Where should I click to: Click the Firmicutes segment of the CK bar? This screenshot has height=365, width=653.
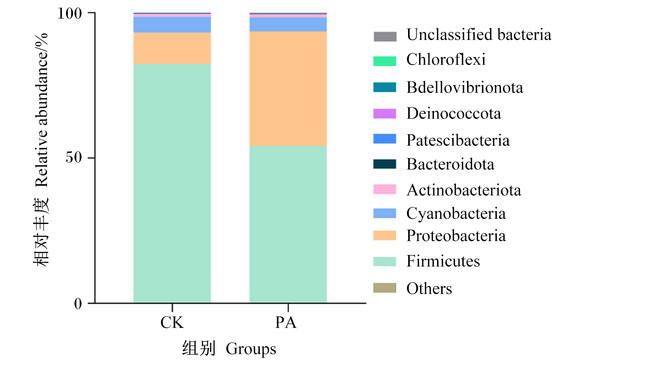click(x=172, y=183)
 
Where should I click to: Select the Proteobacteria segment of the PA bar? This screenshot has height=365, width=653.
click(x=288, y=88)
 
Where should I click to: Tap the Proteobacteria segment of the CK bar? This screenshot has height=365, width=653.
click(x=172, y=48)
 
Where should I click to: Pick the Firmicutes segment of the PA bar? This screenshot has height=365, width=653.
click(x=288, y=224)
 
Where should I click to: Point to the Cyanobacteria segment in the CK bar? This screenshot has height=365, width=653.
click(x=172, y=25)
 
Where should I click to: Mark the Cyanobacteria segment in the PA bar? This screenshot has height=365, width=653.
click(x=288, y=25)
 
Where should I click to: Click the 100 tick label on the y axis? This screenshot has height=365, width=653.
click(x=70, y=13)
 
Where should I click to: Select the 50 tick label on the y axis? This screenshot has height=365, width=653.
click(x=74, y=157)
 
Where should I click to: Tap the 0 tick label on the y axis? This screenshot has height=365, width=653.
click(x=78, y=303)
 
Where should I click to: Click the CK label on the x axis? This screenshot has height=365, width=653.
click(x=172, y=322)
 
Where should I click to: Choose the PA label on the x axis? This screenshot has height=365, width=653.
click(x=286, y=322)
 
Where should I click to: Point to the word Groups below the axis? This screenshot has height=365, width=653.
click(x=251, y=349)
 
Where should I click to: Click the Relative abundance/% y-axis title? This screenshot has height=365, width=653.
click(x=41, y=110)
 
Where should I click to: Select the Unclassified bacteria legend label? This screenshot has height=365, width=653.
click(x=479, y=35)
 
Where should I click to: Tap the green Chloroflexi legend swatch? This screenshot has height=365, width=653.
click(x=385, y=61)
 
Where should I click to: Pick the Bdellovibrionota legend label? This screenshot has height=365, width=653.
click(x=465, y=87)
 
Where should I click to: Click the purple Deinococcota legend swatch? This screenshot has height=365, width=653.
click(x=385, y=114)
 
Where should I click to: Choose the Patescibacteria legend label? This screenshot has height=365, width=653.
click(x=458, y=140)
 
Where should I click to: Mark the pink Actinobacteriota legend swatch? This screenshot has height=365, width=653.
click(x=385, y=189)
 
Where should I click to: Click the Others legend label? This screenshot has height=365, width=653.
click(x=429, y=288)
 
